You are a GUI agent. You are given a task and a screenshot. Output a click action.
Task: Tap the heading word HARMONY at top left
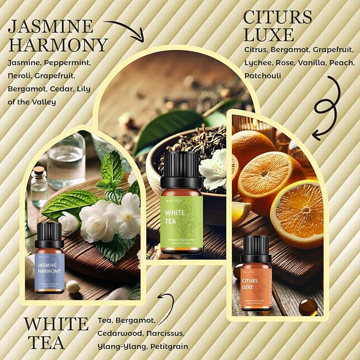[x=58, y=45]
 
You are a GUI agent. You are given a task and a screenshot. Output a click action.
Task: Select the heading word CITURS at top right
[x=277, y=16]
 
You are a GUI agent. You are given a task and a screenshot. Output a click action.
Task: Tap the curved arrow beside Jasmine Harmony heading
[x=125, y=29]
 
